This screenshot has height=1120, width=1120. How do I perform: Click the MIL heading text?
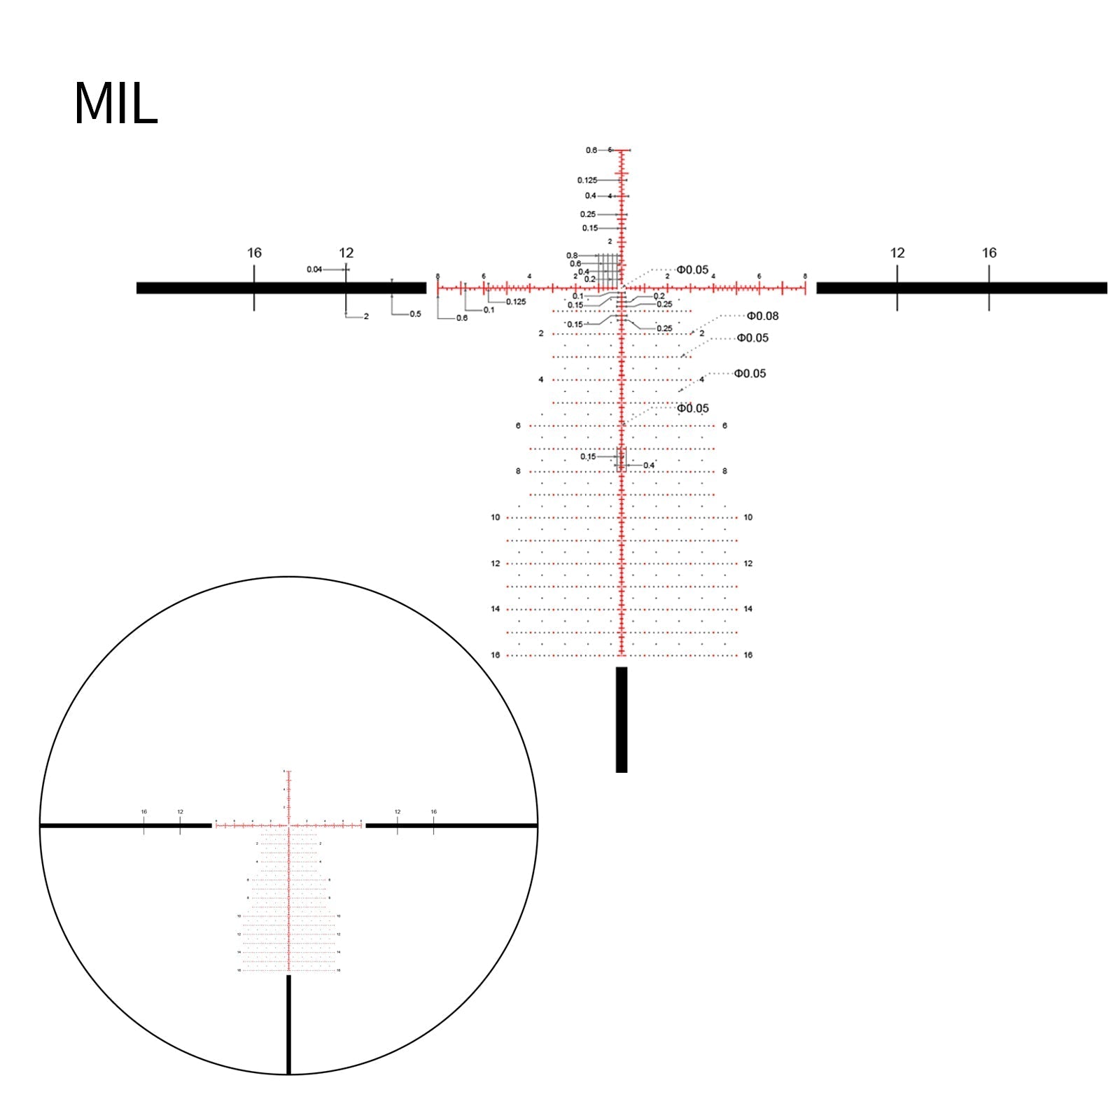[x=115, y=104]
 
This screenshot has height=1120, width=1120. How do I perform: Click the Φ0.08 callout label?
[x=762, y=316]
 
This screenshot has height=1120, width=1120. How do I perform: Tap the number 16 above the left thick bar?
[x=254, y=253]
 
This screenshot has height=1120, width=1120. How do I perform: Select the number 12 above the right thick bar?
[x=897, y=253]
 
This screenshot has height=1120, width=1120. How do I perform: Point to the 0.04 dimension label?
[x=314, y=269]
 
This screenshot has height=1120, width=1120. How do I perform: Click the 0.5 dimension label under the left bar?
[x=415, y=314]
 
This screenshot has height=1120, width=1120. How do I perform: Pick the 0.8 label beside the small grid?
[x=572, y=255]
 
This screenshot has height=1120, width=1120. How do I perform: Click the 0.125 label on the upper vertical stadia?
[x=587, y=181]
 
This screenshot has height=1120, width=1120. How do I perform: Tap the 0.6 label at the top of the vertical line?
[x=591, y=150]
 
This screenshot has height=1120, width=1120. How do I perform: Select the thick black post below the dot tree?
[x=622, y=720]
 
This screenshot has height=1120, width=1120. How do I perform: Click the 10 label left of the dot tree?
[x=496, y=517]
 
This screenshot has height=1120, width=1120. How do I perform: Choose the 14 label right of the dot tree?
[x=748, y=609]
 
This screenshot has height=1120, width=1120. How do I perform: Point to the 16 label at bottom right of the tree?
[x=748, y=655]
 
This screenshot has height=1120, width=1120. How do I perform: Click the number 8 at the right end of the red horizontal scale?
[x=805, y=276]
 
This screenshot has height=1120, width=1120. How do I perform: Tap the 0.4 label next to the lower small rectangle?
[x=649, y=465]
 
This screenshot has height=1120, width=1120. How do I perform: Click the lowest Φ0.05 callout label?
[x=692, y=408]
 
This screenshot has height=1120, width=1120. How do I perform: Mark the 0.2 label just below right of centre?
[x=659, y=296]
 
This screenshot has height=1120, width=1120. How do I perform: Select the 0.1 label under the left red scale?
[x=489, y=310]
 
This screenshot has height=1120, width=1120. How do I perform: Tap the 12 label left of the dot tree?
[x=496, y=563]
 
